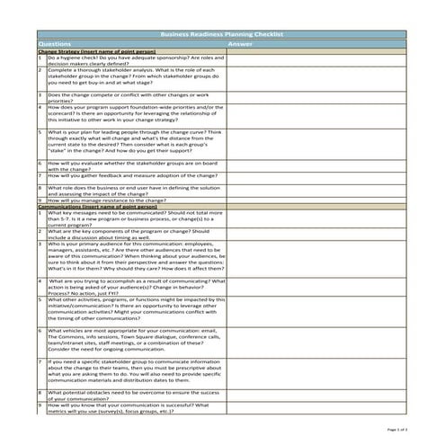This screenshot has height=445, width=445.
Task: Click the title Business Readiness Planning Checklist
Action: [x=221, y=34]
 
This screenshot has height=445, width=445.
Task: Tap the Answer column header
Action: [x=240, y=43]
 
